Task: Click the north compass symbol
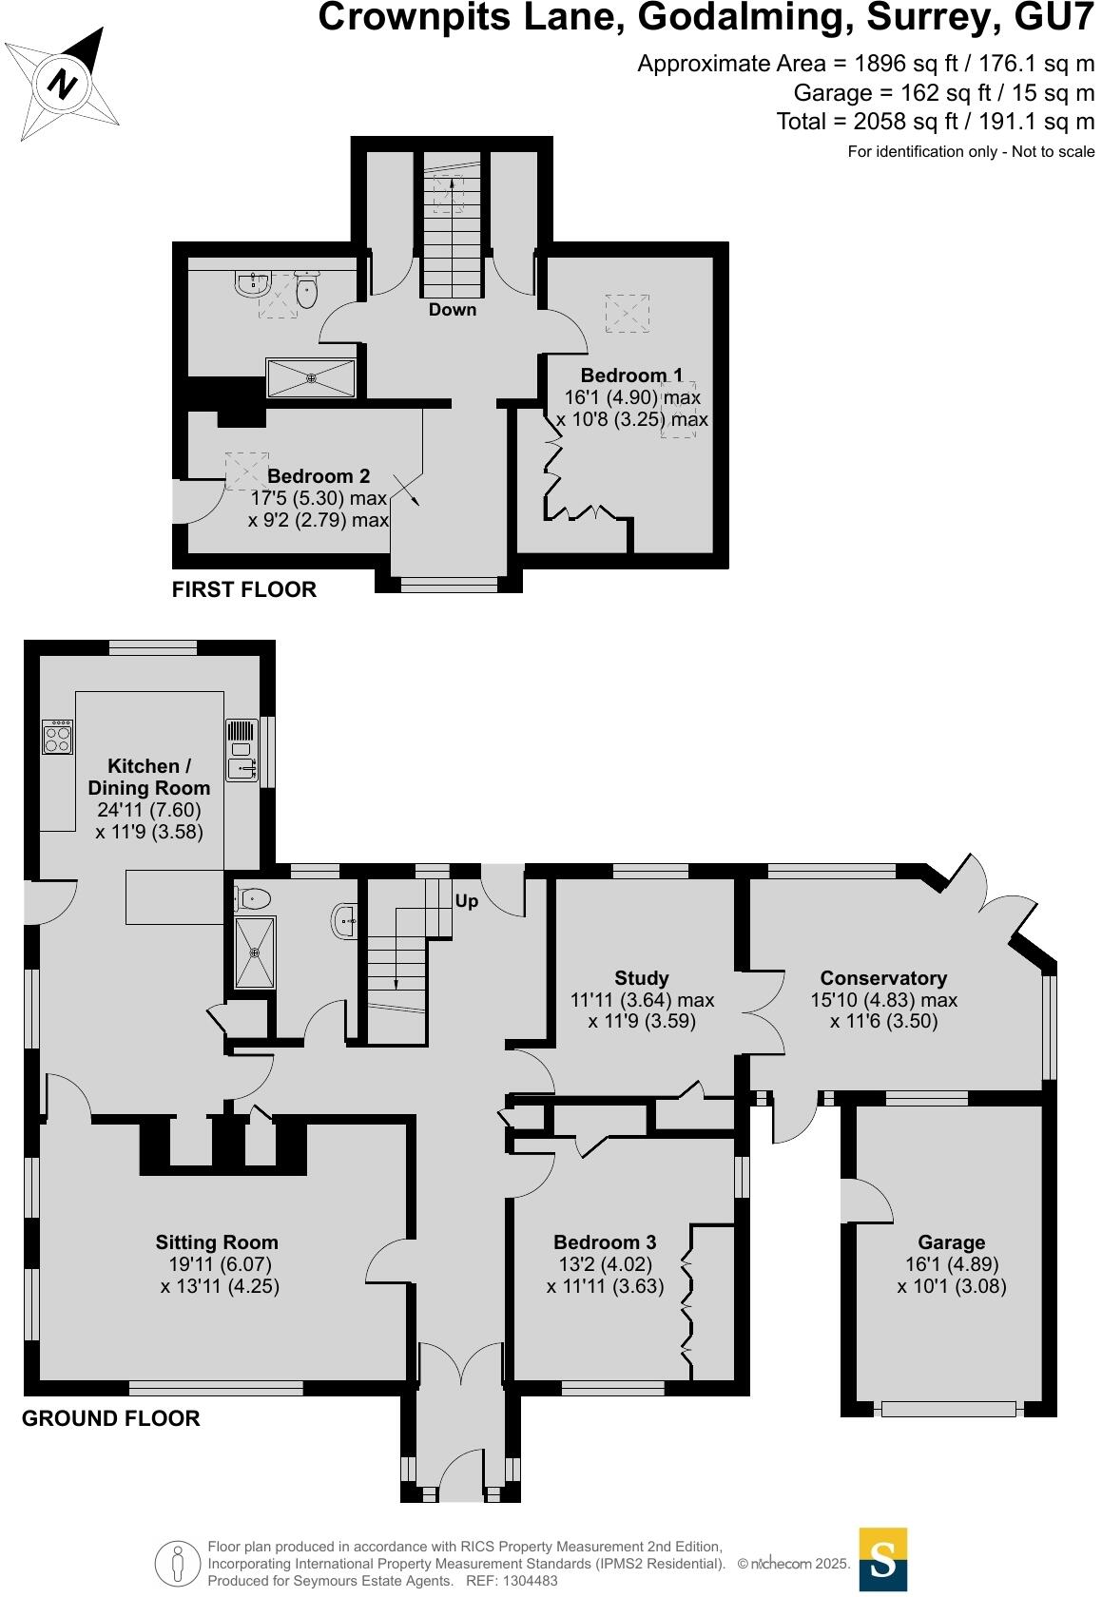tap(64, 84)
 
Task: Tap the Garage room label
tap(951, 1242)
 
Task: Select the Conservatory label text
tap(883, 978)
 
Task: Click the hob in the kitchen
tap(57, 738)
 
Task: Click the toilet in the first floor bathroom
tap(306, 290)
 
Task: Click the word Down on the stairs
tap(452, 310)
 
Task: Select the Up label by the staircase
tap(466, 900)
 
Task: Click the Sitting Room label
tap(217, 1242)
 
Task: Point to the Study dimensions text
tap(642, 1010)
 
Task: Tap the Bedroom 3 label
tap(605, 1242)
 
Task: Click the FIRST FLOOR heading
tap(243, 589)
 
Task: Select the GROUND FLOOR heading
tap(110, 1419)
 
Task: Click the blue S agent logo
tap(882, 1559)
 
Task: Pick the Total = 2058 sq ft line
tap(935, 122)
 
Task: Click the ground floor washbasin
tap(346, 920)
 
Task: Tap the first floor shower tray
tap(311, 378)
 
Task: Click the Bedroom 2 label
tap(318, 476)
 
